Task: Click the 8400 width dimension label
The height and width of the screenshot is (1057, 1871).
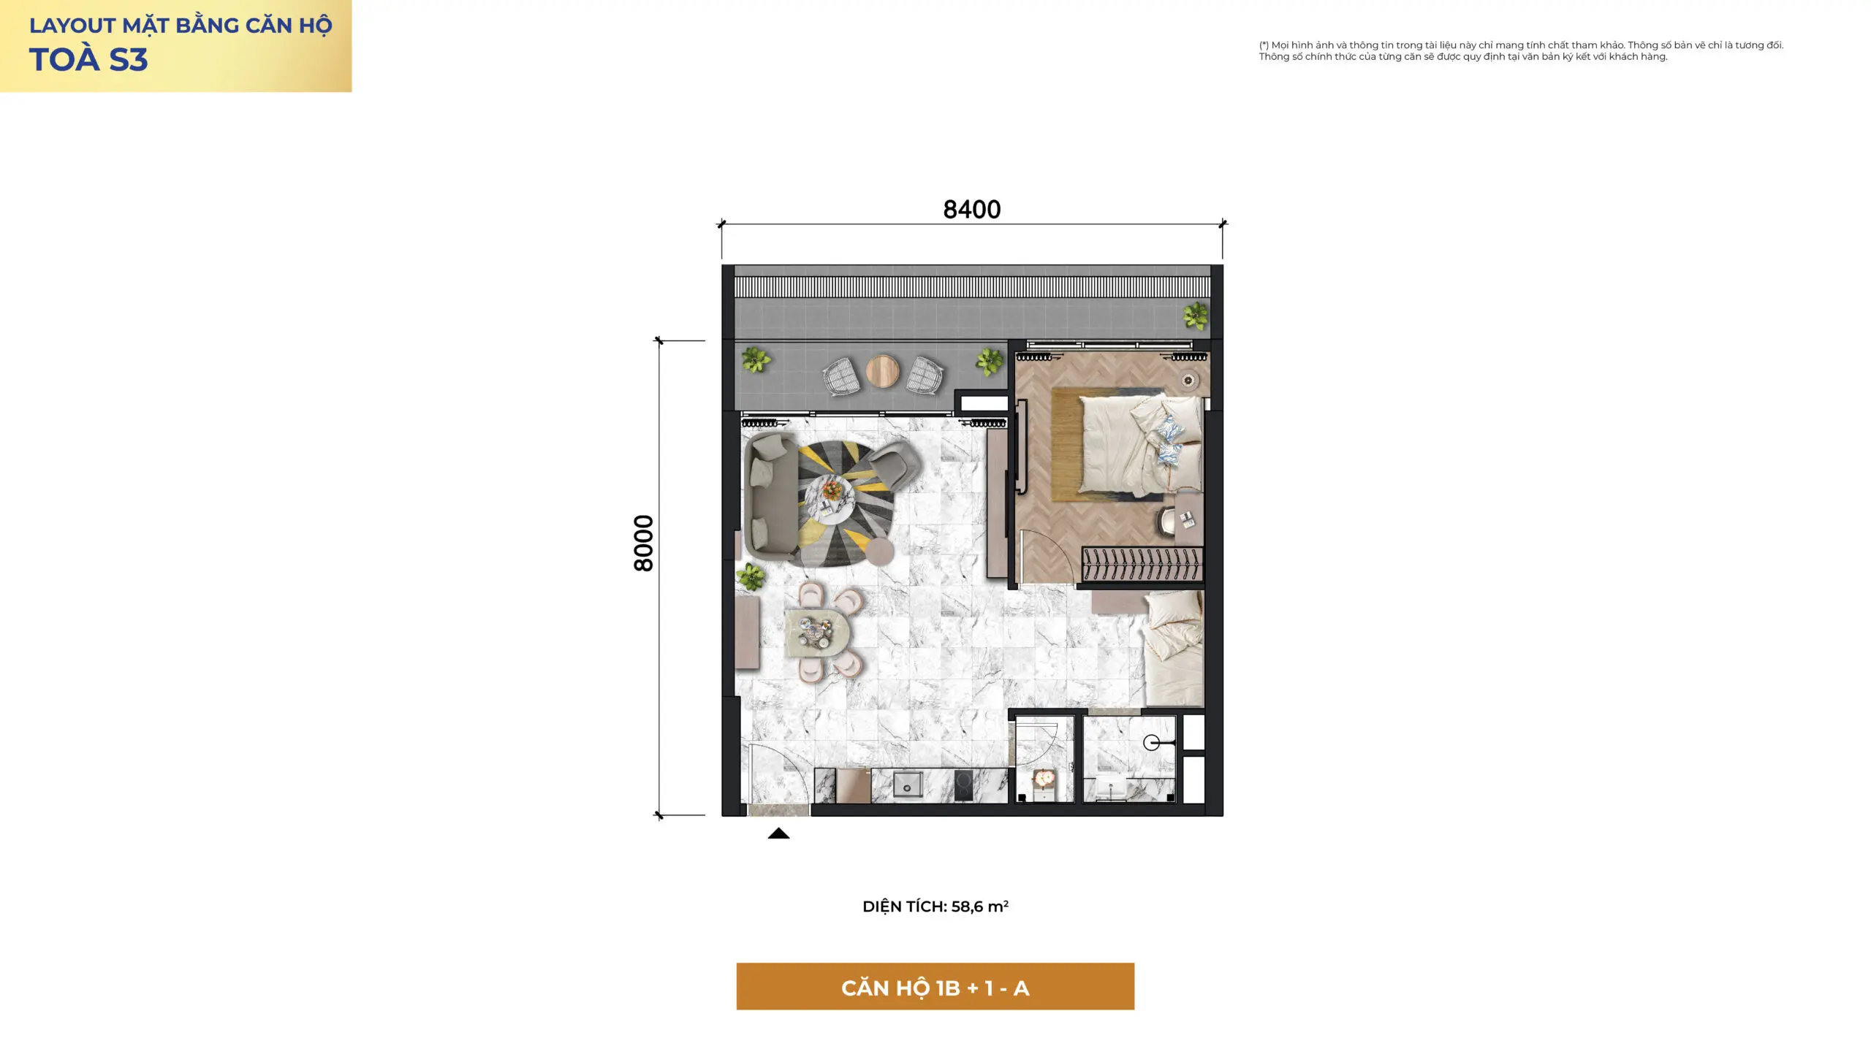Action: click(x=971, y=210)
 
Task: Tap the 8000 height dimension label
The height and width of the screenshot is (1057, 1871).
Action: click(x=643, y=543)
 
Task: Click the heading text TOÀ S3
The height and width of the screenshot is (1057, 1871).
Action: click(x=88, y=60)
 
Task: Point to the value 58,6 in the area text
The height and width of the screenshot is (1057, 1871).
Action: click(x=967, y=907)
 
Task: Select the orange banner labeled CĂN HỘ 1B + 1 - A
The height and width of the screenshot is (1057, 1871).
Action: click(x=935, y=986)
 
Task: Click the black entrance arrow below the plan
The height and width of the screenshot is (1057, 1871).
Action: click(x=778, y=833)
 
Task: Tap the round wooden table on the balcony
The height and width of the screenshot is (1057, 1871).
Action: click(x=882, y=371)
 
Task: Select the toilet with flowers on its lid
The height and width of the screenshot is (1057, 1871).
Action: click(x=1043, y=783)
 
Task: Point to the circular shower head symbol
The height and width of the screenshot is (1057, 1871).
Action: click(x=1152, y=743)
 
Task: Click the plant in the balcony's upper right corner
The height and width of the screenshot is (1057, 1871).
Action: click(x=1196, y=316)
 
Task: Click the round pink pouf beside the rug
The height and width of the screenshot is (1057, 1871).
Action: click(x=879, y=551)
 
